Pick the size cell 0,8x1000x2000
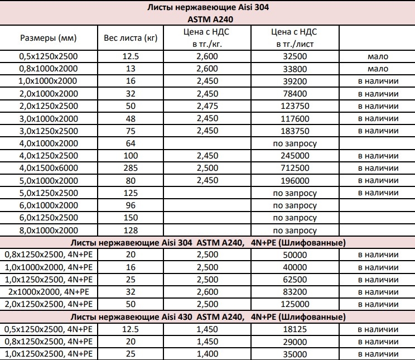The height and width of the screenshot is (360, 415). coord(48,69)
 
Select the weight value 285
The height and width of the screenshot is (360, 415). coord(129,168)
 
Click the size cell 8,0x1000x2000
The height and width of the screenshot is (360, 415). coord(48,230)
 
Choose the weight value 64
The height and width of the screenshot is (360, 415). coord(129,143)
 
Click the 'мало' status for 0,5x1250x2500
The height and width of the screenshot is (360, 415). coord(378,56)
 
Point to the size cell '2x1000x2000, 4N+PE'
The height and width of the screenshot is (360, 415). coord(48,292)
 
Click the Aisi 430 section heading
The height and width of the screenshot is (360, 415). coord(207,317)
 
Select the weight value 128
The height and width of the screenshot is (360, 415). coord(129,230)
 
